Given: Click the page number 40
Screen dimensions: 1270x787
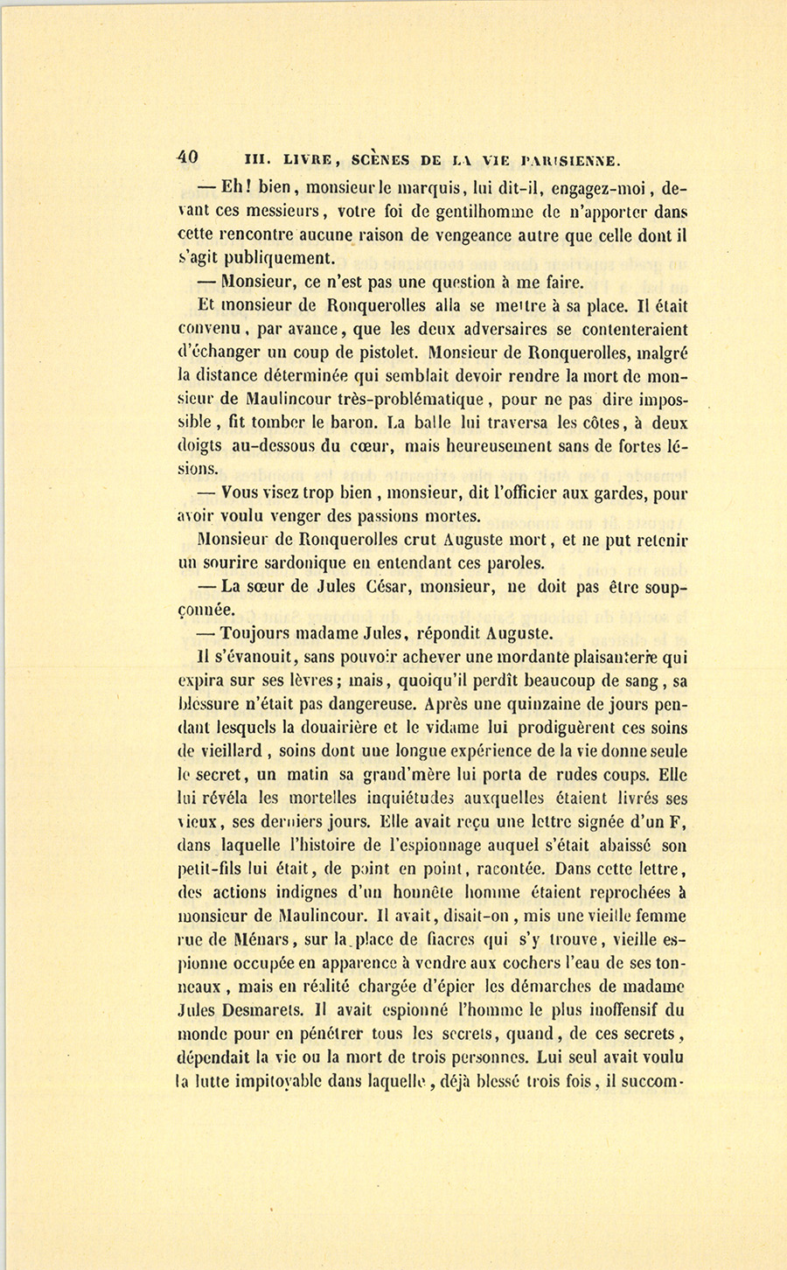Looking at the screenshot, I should pos(187,158).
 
